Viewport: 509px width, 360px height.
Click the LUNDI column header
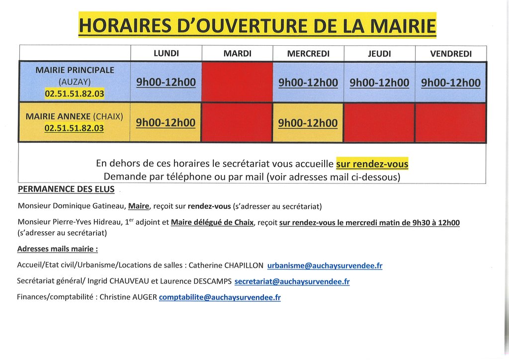166,53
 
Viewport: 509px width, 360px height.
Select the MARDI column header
237,53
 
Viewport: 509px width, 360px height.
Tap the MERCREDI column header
308,54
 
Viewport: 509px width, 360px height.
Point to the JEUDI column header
379,54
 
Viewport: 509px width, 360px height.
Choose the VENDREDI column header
451,54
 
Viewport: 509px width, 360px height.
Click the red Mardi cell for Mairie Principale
237,82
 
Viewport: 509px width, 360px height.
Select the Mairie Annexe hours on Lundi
166,122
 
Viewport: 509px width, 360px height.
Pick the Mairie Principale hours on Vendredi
451,83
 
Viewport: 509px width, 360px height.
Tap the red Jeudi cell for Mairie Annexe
379,123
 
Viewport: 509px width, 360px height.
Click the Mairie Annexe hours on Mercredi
308,123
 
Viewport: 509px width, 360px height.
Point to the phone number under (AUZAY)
75,93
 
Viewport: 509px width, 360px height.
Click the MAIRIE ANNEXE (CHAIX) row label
75,116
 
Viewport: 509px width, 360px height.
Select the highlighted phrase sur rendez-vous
372,164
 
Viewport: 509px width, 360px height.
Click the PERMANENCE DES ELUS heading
66,189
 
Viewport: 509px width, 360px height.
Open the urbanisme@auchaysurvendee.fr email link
325,266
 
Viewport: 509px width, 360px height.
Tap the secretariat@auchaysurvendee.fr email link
292,281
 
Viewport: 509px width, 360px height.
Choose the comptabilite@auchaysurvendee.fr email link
220,297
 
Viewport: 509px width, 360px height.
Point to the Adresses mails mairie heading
57,249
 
